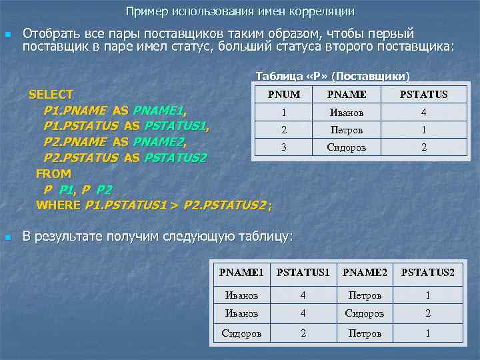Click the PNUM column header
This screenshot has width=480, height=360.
coord(284,95)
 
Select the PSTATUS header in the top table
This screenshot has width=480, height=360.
coord(423,95)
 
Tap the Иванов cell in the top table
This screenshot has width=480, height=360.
coord(346,113)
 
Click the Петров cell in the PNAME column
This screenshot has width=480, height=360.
coord(346,130)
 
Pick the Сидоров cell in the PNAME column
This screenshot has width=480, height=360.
coord(346,147)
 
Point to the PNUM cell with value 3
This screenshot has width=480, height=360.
coord(284,147)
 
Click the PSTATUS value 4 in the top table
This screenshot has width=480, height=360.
coord(423,113)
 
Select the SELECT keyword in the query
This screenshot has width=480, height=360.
coord(51,95)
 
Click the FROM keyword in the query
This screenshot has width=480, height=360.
coord(53,173)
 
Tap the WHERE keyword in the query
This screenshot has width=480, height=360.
coord(59,205)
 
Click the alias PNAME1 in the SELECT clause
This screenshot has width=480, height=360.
coord(159,110)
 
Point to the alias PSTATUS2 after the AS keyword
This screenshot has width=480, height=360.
coord(175,158)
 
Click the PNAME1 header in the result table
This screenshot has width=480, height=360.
coord(242,272)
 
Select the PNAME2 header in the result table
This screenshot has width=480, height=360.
coord(365,272)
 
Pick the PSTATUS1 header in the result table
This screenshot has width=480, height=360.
coord(303,272)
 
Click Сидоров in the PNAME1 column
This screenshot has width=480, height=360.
coord(242,333)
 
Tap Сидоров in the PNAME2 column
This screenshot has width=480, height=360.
coord(365,313)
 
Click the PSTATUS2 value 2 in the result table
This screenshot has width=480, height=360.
coord(428,313)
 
